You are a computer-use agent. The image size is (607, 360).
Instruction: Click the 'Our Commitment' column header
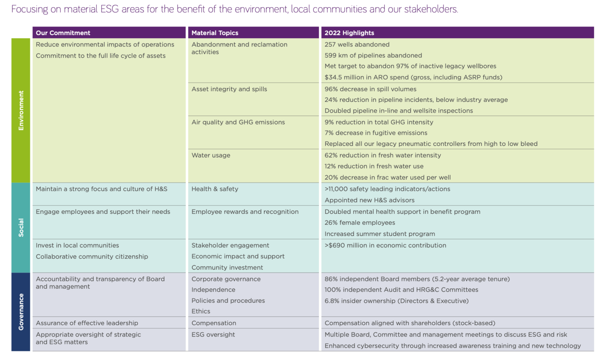point(63,33)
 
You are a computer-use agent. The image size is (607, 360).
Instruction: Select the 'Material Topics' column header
point(215,33)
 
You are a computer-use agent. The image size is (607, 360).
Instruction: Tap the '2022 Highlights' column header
point(349,33)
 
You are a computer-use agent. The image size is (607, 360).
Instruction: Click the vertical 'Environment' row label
point(21,110)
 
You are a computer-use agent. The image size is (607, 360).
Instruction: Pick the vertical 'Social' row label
point(21,228)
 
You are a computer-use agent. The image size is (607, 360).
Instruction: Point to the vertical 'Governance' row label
point(21,312)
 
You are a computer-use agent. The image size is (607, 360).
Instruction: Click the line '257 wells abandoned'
point(357,45)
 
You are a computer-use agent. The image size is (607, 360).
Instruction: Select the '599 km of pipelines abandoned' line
point(373,55)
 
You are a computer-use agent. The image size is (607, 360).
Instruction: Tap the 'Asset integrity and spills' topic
point(229,89)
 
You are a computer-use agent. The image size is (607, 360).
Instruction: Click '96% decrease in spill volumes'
point(370,89)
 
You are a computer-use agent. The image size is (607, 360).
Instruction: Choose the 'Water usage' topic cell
point(211,155)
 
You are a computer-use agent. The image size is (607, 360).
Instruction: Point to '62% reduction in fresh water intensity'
point(383,155)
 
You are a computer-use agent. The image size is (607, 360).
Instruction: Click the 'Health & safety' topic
point(215,189)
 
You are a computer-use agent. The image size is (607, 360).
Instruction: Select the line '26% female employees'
point(360,222)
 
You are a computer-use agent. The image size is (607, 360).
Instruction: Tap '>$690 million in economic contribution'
point(385,245)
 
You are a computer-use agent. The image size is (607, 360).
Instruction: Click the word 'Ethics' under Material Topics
point(201,311)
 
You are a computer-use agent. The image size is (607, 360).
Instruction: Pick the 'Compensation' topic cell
point(214,323)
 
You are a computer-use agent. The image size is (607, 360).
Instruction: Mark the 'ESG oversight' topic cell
point(213,334)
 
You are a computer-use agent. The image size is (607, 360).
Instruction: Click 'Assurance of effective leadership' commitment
point(87,323)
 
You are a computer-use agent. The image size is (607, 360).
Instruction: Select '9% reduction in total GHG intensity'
point(379,122)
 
